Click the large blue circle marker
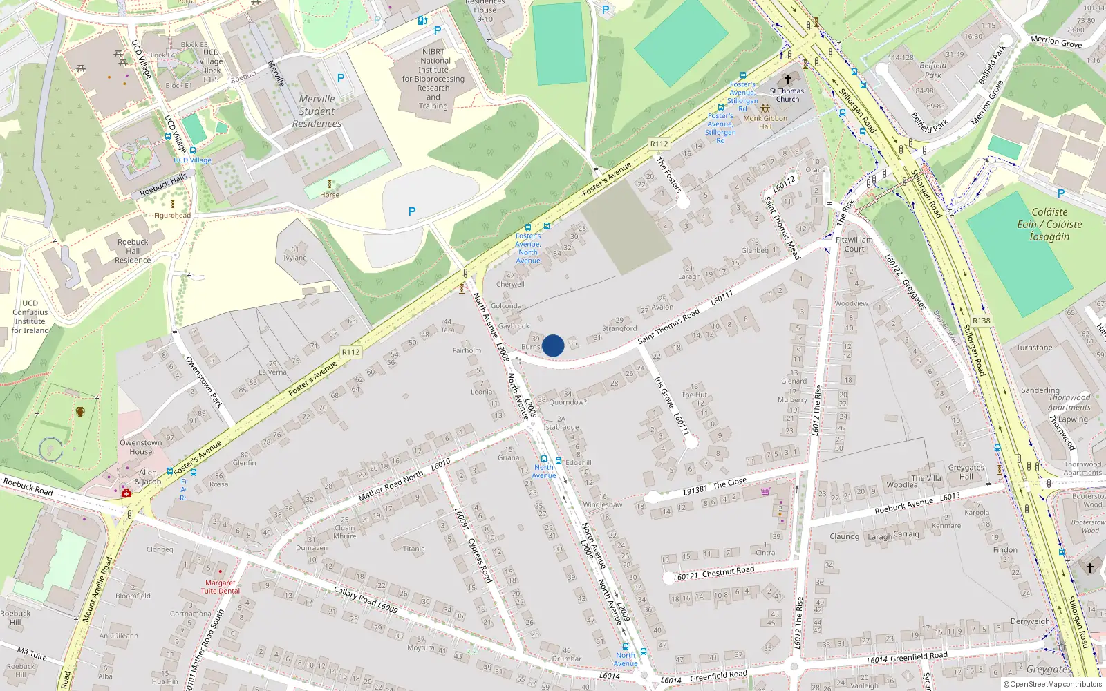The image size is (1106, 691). click(553, 345)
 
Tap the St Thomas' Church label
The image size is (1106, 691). click(787, 95)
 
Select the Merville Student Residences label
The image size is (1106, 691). click(317, 111)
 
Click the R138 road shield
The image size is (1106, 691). click(981, 321)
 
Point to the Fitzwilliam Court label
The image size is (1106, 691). click(854, 245)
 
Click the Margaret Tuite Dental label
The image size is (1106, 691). click(221, 587)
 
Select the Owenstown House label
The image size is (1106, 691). click(140, 447)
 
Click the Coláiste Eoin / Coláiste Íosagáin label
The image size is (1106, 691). click(1049, 225)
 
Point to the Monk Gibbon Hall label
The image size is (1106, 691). click(765, 122)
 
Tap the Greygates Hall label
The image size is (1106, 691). click(966, 472)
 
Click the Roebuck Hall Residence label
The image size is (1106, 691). click(133, 251)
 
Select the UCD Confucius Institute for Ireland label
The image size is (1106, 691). click(30, 316)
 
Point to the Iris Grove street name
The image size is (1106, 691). click(664, 392)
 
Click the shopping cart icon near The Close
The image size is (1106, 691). click(765, 492)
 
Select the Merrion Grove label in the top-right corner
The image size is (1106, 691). click(1056, 42)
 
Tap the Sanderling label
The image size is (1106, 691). click(1040, 390)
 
